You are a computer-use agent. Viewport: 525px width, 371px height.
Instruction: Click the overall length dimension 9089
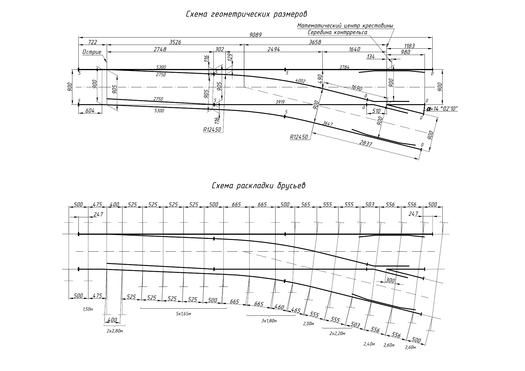coord(255,35)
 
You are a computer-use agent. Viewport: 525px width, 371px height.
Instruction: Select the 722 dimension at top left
coord(92,42)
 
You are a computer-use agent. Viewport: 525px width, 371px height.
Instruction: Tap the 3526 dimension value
coord(175,42)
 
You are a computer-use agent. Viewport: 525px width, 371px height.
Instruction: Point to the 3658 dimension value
coord(315,42)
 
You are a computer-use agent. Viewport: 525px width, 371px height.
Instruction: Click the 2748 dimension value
coord(160,49)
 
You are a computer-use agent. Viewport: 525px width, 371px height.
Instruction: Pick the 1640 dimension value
coord(354,49)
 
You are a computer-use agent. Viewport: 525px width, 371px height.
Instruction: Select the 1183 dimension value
coord(409,46)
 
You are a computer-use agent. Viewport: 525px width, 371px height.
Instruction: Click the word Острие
coord(92,52)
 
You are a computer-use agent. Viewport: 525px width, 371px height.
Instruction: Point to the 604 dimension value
coord(90,110)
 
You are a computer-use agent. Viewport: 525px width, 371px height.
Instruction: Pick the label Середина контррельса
coord(337,32)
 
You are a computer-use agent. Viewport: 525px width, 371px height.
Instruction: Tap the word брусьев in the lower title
coord(291,186)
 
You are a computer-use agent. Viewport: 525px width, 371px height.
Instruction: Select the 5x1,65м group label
coord(183,314)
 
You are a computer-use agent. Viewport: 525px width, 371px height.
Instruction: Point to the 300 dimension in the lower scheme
coord(390,281)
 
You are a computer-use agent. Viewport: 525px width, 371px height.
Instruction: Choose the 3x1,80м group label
coord(269,321)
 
